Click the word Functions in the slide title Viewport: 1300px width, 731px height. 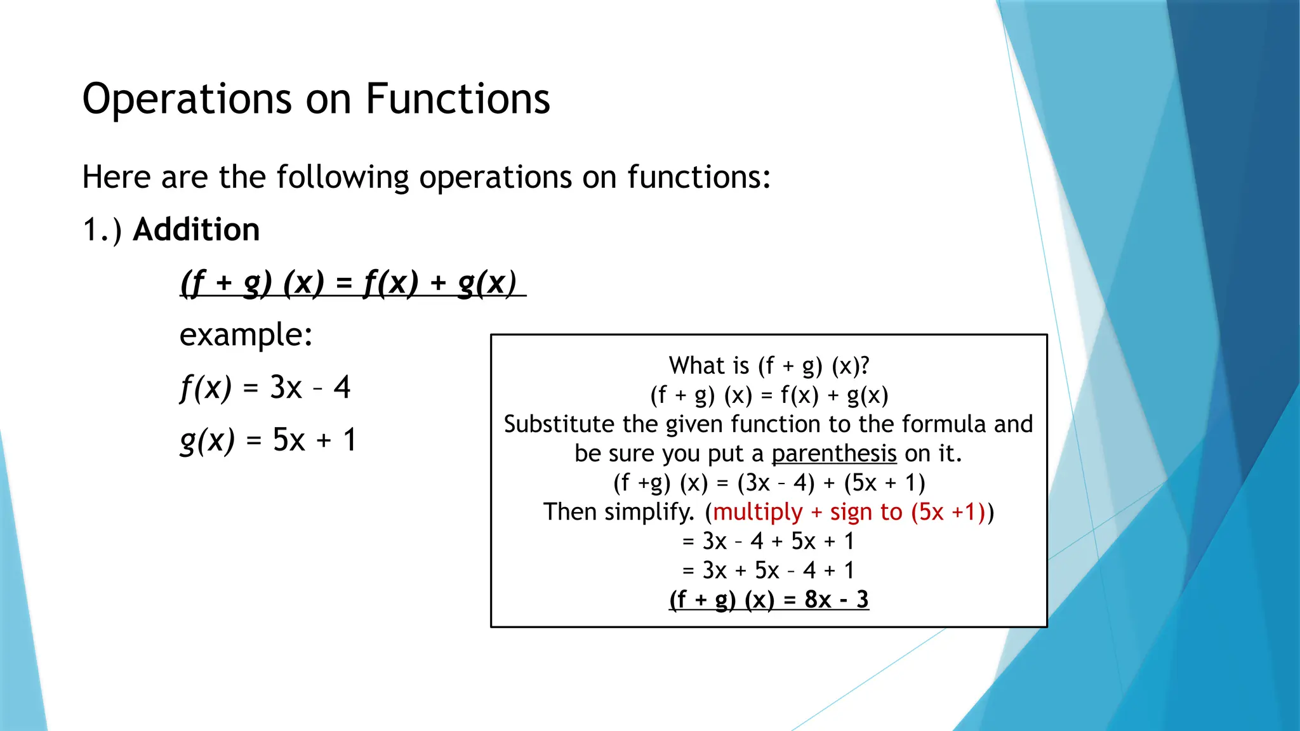[x=458, y=99]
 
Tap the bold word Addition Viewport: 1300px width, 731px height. [x=196, y=229]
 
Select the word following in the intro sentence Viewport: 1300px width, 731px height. [x=343, y=177]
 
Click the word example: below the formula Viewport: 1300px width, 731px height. [x=246, y=334]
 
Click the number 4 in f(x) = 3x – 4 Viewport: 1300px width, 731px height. [x=342, y=387]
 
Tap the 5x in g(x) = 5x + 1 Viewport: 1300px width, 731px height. [x=289, y=440]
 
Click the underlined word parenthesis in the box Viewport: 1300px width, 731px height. [x=833, y=454]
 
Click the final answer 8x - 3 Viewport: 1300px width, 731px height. [x=836, y=599]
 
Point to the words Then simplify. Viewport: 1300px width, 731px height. [x=619, y=511]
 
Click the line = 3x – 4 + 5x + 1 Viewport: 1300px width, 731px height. [x=769, y=541]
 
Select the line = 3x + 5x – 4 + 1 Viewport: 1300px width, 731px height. [x=769, y=570]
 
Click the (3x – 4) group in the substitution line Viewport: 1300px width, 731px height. [x=776, y=483]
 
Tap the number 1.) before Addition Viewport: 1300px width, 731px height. [x=102, y=230]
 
